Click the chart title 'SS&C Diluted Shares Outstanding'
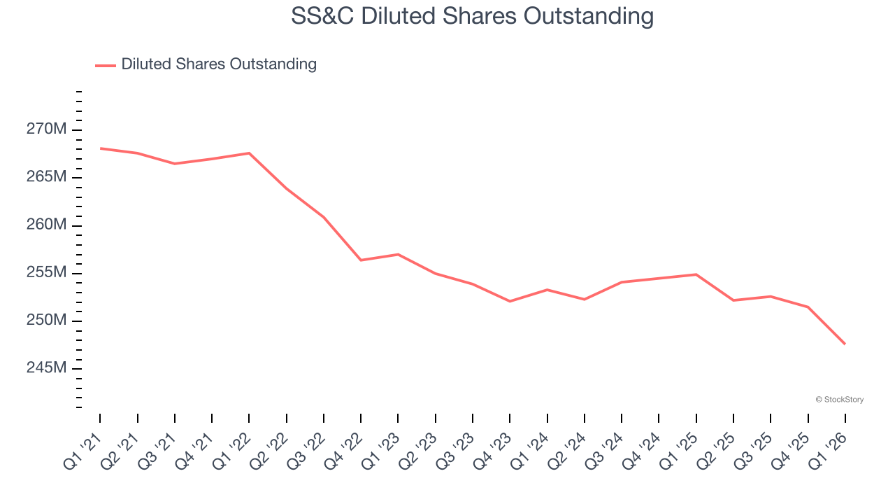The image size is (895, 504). click(472, 15)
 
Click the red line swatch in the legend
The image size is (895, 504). click(106, 65)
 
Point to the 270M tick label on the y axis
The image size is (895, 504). click(48, 129)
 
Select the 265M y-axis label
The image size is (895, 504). click(48, 177)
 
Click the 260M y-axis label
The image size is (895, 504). click(48, 225)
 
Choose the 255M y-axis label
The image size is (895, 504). click(48, 272)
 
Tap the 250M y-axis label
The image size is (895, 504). click(48, 321)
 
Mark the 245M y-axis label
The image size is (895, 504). click(48, 368)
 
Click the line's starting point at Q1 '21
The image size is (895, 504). click(100, 148)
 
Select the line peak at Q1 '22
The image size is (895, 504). click(249, 153)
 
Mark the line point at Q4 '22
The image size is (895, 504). click(361, 260)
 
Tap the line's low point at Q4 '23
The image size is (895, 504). click(510, 302)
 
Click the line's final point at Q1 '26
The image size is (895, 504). click(845, 344)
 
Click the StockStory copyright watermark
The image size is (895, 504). click(839, 400)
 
